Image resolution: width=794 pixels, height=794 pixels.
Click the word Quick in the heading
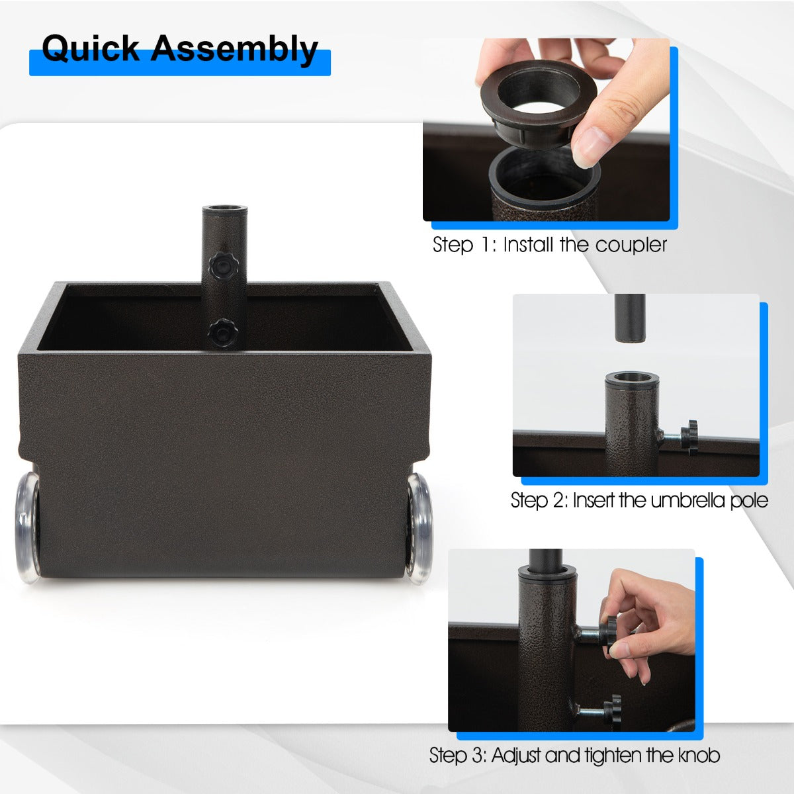click(x=91, y=50)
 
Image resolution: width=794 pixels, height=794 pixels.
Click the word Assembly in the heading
click(x=234, y=50)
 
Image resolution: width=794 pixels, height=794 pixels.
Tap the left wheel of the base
click(x=28, y=528)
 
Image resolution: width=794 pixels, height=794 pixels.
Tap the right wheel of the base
click(x=420, y=529)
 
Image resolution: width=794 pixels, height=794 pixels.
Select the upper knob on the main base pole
click(x=224, y=266)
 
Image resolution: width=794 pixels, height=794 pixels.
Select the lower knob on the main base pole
click(x=223, y=333)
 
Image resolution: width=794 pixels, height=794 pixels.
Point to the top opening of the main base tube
click(x=224, y=209)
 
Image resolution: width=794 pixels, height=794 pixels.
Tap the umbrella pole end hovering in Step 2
click(x=630, y=318)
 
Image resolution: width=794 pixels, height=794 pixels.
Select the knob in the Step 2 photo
click(x=689, y=437)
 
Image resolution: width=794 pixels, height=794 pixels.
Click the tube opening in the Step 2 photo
click(x=632, y=377)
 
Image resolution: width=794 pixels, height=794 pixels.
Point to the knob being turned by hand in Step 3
click(x=608, y=632)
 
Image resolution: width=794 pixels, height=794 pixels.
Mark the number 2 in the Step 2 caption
click(x=559, y=501)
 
